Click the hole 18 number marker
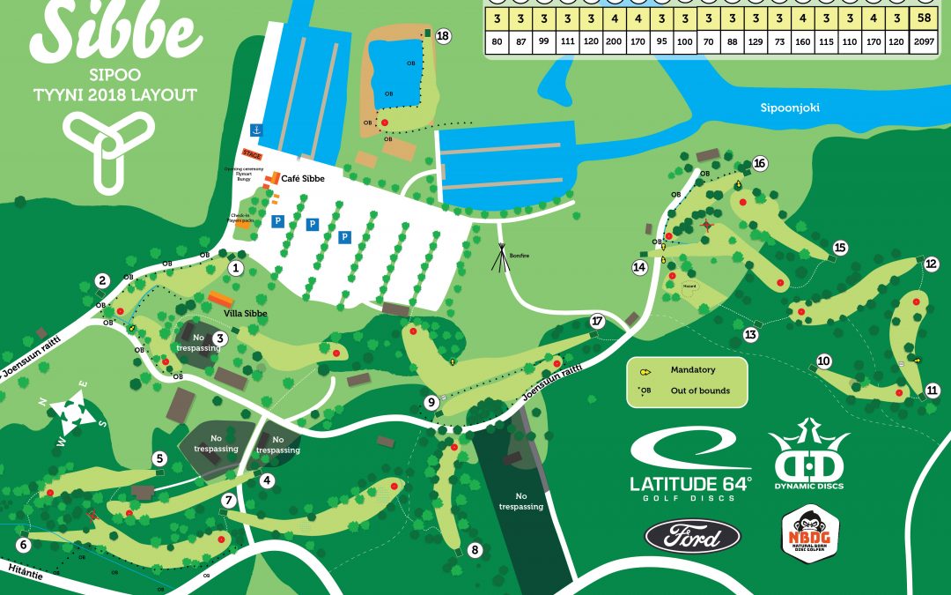pyautogui.click(x=443, y=36)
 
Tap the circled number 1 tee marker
pyautogui.click(x=236, y=267)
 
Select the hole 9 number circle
pyautogui.click(x=431, y=402)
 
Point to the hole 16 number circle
pyautogui.click(x=760, y=163)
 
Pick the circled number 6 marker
pyautogui.click(x=24, y=545)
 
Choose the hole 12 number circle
pyautogui.click(x=932, y=264)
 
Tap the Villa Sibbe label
pyautogui.click(x=245, y=313)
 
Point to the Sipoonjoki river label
pyautogui.click(x=790, y=108)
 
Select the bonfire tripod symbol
pyautogui.click(x=500, y=255)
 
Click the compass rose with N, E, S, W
pyautogui.click(x=70, y=412)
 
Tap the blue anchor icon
pyautogui.click(x=257, y=129)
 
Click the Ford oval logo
pyautogui.click(x=693, y=535)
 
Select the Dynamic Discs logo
pyautogui.click(x=808, y=458)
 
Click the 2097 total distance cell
pyautogui.click(x=924, y=41)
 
